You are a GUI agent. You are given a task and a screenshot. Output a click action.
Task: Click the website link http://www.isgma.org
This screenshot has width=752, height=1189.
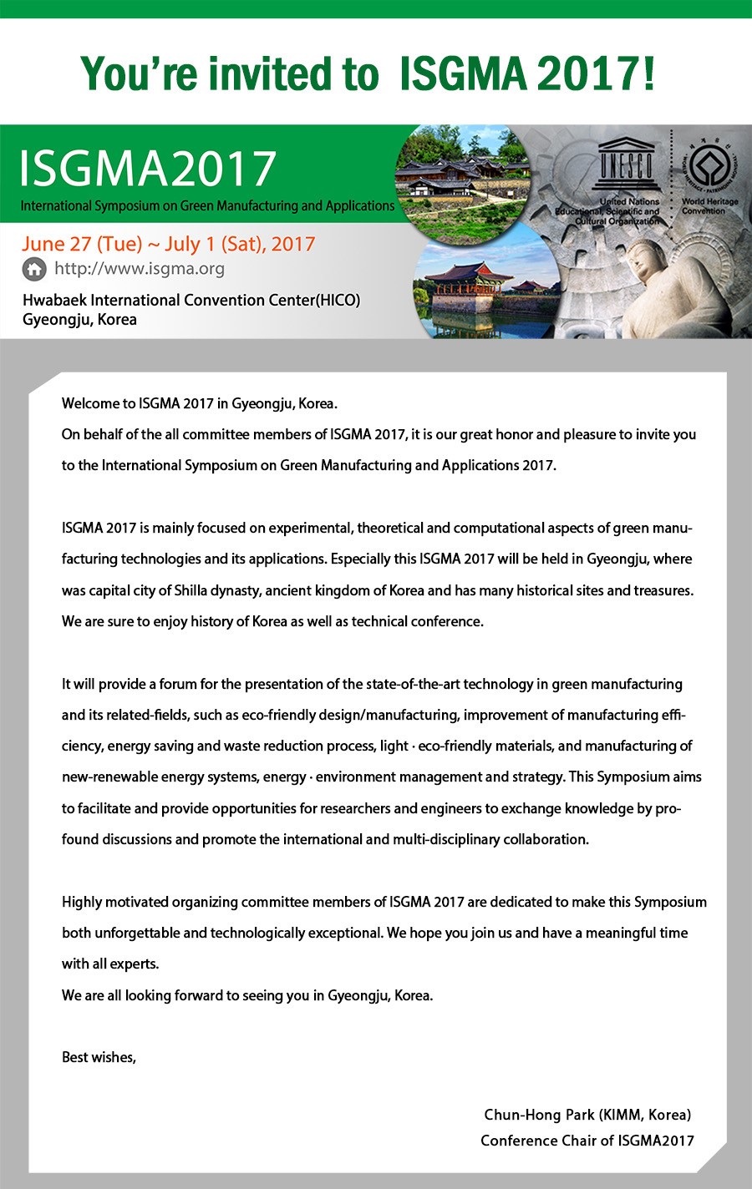click(x=139, y=269)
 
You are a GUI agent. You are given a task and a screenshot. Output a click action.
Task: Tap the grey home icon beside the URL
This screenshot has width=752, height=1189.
click(x=34, y=269)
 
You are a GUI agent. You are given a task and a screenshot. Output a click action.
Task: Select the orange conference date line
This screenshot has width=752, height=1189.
click(x=169, y=244)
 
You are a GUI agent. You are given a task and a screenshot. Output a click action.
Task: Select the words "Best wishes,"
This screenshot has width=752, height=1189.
click(x=99, y=1057)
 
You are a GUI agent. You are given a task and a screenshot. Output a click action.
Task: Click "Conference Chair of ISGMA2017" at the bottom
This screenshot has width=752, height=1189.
click(x=587, y=1141)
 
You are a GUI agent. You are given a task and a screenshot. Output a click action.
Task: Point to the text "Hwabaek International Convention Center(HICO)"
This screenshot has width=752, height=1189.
click(x=191, y=300)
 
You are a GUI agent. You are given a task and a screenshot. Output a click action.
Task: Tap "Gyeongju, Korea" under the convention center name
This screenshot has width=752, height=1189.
click(x=79, y=319)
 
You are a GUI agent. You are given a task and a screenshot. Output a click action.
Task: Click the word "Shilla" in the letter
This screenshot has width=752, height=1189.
click(x=191, y=590)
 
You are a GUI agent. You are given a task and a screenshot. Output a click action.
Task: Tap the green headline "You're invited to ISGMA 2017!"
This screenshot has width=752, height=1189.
click(x=368, y=73)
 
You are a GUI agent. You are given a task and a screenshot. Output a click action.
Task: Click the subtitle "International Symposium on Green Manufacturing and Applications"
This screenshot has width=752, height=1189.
click(x=207, y=205)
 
